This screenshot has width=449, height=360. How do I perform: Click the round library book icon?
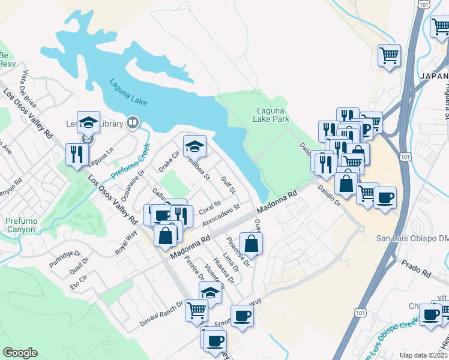click(133, 124)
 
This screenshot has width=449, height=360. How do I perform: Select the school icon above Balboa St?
click(194, 146)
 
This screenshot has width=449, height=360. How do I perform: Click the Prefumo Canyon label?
click(22, 226)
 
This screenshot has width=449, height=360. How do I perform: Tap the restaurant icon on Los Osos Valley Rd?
click(77, 154)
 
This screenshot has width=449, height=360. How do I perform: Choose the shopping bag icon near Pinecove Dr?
click(252, 244)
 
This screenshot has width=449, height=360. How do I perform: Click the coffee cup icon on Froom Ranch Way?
click(242, 316)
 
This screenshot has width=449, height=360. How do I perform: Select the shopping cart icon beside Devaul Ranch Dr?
click(196, 311)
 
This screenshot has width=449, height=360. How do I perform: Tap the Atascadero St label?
click(221, 215)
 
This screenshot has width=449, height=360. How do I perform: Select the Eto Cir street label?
click(79, 283)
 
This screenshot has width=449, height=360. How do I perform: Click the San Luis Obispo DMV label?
click(412, 238)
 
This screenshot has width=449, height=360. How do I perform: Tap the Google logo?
click(20, 353)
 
